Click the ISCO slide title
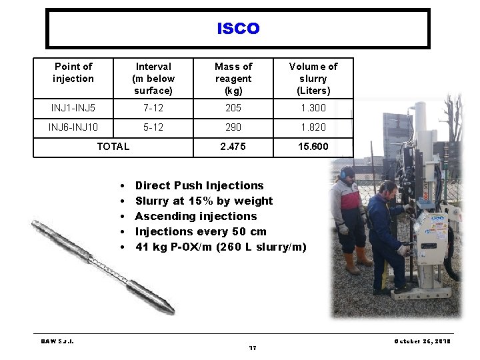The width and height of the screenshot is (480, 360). point(238,29)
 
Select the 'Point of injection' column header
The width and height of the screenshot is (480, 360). point(73,73)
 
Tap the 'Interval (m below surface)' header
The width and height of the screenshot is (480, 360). point(153,79)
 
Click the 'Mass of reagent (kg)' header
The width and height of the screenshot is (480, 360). point(233,79)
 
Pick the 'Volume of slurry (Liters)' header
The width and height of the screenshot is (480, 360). point(313,79)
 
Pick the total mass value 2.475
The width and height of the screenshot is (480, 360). point(233,147)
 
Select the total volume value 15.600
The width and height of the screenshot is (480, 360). point(313,147)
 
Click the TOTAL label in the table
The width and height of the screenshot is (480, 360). point(113,147)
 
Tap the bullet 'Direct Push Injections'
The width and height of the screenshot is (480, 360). point(199,185)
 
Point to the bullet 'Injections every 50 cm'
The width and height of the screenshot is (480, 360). point(201,231)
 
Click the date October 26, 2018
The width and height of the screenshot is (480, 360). point(422,341)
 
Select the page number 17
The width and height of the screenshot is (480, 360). point(253,348)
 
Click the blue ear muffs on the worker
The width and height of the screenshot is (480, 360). point(343,174)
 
